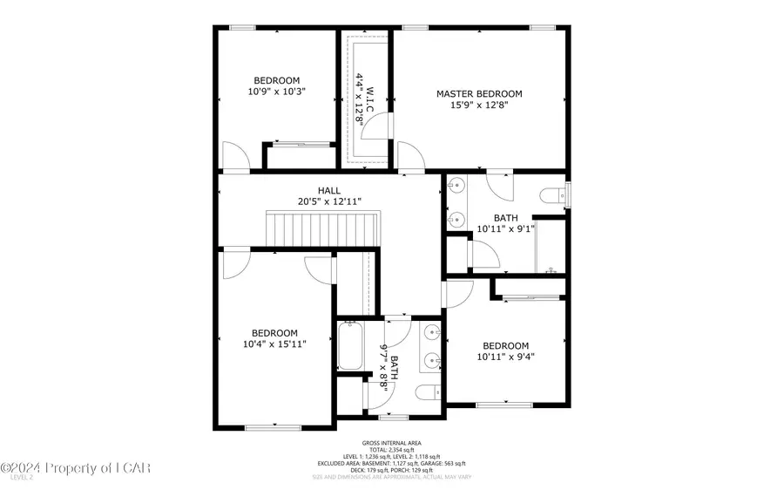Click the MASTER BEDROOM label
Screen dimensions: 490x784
tap(479, 93)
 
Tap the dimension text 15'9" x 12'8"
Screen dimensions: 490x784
tap(479, 105)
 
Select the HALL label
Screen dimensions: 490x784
tap(329, 190)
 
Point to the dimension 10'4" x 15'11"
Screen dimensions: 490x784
tap(274, 344)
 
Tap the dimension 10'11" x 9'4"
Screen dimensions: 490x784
tap(505, 357)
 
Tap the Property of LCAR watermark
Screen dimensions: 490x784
tap(77, 469)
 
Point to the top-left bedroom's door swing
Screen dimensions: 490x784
tap(235, 157)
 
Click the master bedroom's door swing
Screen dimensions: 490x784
tap(409, 157)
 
